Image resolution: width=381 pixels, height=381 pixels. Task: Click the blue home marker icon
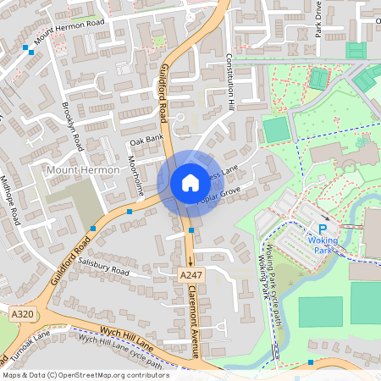coord(190,182)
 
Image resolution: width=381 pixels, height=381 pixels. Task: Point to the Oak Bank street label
coord(146,140)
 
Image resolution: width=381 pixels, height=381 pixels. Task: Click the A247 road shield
coord(192,274)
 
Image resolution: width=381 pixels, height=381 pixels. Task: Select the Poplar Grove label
coord(218,196)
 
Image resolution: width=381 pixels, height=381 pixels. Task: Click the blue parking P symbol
coord(323,224)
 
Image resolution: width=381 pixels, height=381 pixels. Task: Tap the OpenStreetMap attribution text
coord(85,374)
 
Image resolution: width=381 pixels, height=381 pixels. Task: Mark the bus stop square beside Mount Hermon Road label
coord(32,52)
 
